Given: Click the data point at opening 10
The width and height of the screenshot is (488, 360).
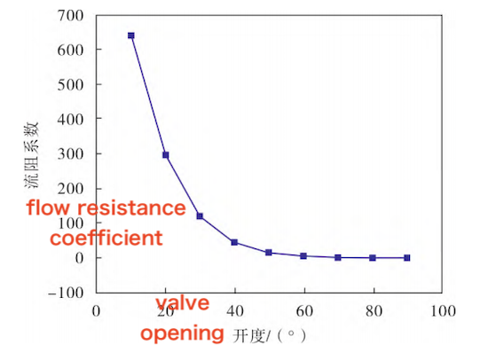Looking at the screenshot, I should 131,35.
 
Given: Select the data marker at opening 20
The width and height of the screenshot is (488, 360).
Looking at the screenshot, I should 165,155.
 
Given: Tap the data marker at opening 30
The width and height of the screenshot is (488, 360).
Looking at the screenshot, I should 200,216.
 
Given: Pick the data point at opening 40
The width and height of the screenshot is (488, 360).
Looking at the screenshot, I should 234,242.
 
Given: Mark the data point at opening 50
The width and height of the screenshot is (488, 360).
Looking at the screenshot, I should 269,253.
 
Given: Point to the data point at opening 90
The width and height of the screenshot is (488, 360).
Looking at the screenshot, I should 407,258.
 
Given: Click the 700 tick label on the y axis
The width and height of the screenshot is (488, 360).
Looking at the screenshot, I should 72,15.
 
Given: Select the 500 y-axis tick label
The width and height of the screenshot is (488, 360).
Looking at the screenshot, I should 72,84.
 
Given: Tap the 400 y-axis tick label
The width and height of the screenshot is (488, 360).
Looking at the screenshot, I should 72,119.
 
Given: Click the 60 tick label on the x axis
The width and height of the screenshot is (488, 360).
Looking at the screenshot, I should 303,311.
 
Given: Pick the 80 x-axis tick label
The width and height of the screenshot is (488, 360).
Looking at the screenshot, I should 373,311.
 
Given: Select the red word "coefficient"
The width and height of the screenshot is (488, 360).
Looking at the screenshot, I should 106,239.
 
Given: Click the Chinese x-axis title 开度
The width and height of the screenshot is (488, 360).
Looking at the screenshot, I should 250,336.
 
